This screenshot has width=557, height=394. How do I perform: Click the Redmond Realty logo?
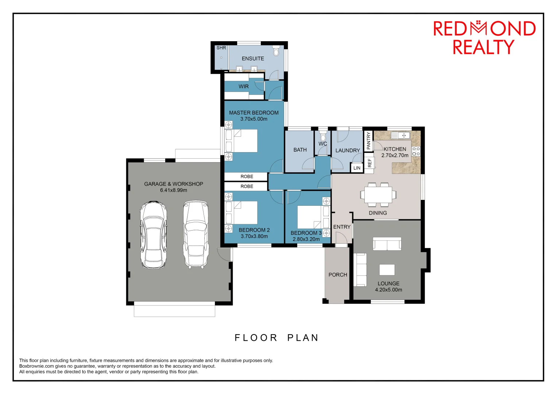point(484,38)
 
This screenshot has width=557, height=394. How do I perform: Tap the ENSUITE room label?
point(253,58)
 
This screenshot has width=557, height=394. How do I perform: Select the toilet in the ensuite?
point(276,51)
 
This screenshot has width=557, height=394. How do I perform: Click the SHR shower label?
point(221,48)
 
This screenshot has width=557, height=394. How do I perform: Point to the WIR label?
point(244,86)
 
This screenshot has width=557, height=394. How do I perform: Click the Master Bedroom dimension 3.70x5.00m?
point(254,119)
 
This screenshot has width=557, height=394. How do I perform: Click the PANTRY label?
point(368,141)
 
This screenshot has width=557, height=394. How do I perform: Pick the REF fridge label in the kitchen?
point(370,163)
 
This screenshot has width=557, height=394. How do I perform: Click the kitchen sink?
point(400,135)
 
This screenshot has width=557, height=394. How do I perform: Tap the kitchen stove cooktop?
point(416,151)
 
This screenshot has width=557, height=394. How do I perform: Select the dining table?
point(378,194)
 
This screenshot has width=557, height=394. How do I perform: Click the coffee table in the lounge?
point(387,270)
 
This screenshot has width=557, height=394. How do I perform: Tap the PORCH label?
point(338,275)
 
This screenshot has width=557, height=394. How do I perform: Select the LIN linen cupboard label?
point(357,168)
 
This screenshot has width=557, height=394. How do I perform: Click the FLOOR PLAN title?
point(276,338)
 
